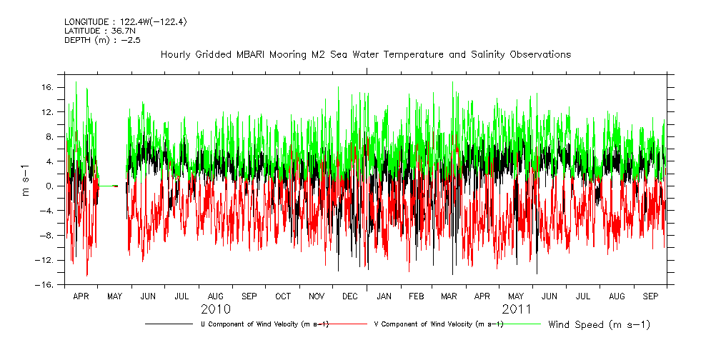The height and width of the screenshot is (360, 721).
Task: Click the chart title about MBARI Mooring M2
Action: click(366, 54)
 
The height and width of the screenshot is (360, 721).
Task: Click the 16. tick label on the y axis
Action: click(48, 87)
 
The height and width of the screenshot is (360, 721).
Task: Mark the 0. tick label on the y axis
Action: click(50, 186)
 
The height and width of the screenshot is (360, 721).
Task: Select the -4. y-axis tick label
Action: click(48, 211)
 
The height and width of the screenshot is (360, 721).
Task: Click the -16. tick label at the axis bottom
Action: click(46, 284)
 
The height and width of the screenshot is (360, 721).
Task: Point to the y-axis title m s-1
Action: click(25, 181)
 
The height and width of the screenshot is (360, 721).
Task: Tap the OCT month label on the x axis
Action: click(282, 296)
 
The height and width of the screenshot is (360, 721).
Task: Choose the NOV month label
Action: click(316, 296)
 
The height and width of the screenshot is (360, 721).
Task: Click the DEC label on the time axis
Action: click(350, 296)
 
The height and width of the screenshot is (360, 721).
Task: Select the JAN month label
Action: click(384, 296)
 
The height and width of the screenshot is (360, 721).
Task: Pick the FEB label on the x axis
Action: click(417, 296)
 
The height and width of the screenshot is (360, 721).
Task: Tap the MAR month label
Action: click(449, 296)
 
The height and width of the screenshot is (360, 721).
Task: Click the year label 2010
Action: click(215, 309)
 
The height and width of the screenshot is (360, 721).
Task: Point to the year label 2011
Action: click(516, 309)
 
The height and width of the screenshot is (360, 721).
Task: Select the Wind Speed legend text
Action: click(599, 325)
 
